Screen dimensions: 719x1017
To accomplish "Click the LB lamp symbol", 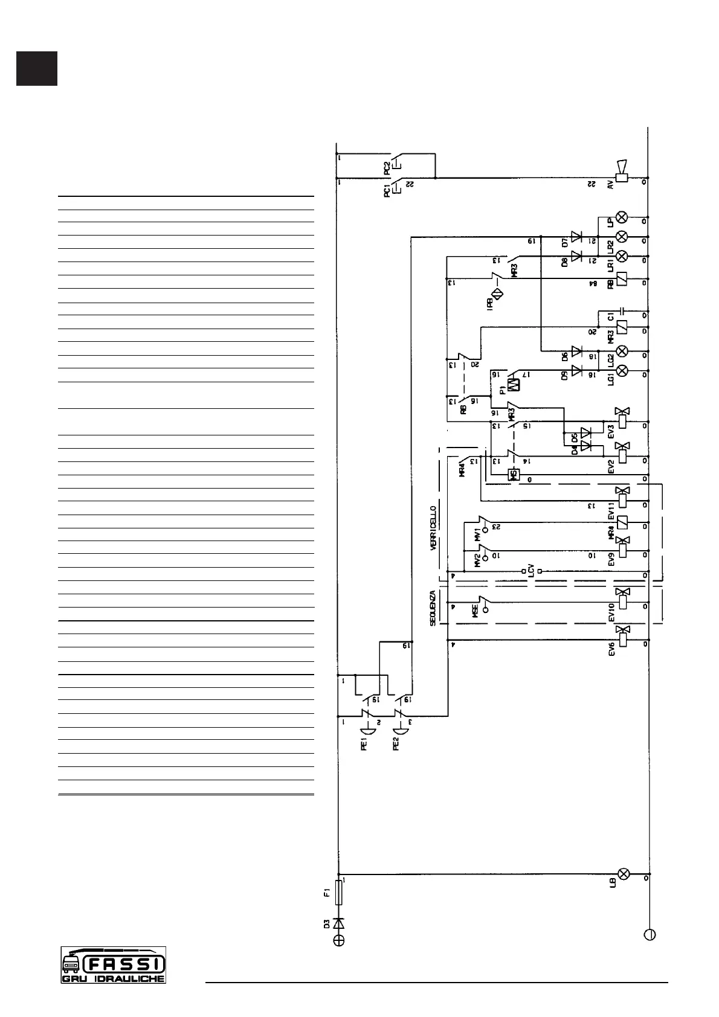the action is tap(623, 874).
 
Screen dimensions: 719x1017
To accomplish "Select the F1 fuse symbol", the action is tap(339, 894).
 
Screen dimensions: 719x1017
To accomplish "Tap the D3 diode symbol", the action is tap(339, 923).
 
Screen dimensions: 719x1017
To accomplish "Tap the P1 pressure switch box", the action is tap(514, 385).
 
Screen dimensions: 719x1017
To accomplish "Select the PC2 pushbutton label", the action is tap(387, 167).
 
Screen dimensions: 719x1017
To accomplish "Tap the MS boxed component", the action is tap(514, 475).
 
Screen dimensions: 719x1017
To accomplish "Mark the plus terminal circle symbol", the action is tap(339, 940).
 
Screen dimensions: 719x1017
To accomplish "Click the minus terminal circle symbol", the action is tap(650, 934).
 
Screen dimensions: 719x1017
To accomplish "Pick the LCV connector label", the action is tap(531, 570).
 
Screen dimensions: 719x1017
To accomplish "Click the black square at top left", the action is tap(37, 69).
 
